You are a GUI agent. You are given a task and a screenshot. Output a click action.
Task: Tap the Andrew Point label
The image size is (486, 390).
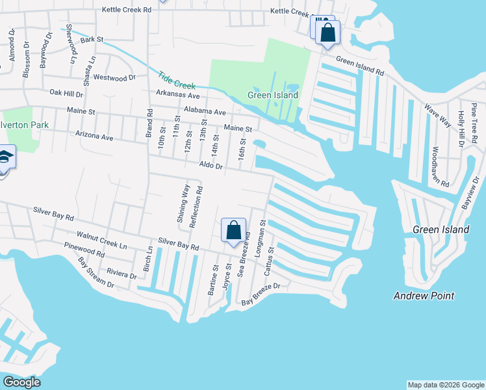point(424,296)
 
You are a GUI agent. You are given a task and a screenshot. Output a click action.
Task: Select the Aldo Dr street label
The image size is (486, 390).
point(211,166)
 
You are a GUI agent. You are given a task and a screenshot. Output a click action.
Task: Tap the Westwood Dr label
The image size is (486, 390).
point(114,77)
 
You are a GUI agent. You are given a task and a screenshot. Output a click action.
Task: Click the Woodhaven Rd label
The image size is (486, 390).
point(439,166)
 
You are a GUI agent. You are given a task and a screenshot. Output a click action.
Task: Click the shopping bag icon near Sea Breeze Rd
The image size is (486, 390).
point(234,231)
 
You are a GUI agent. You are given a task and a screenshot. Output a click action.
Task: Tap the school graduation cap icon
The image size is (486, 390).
point(4,158)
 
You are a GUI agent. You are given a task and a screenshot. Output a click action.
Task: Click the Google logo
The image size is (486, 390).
point(21,382)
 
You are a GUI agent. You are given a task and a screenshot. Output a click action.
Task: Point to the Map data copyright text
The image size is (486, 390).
point(446,385)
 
